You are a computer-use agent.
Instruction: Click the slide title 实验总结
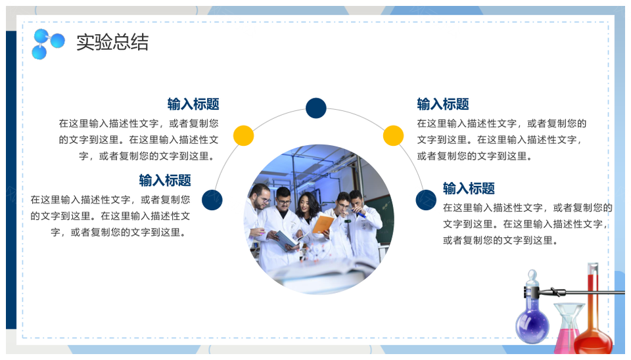[x=112, y=42]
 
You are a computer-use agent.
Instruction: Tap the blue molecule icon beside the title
[x=48, y=44]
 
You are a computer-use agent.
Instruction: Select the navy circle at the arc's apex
[x=316, y=108]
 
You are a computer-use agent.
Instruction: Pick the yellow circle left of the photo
[x=243, y=135]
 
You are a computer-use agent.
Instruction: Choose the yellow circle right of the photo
[x=393, y=135]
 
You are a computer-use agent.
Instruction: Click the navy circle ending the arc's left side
[x=212, y=200]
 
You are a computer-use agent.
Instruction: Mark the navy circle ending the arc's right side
[x=426, y=200]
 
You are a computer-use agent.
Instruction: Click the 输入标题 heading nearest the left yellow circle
[x=193, y=104]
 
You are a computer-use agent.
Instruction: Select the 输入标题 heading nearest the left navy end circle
[x=165, y=180]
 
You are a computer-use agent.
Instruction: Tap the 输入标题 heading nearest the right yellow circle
[x=443, y=104]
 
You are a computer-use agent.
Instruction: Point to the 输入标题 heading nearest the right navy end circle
[x=469, y=189]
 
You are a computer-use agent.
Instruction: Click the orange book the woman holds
[x=323, y=224]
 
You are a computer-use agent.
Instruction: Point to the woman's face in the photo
[x=307, y=204]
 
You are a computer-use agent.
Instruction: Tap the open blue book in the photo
[x=287, y=240]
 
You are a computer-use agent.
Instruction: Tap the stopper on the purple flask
[x=532, y=277]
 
